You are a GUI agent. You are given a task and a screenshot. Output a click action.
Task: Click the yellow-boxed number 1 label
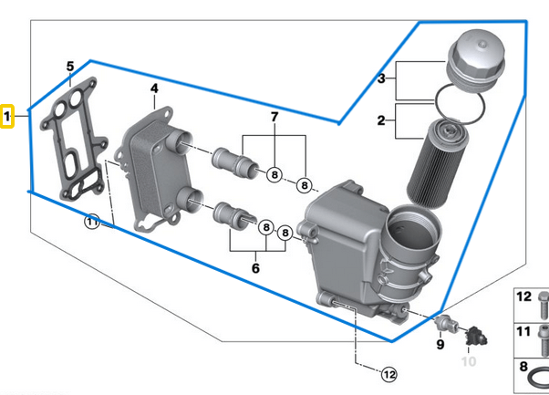point(7,117)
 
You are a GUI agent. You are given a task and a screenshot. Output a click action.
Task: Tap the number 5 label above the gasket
point(69,66)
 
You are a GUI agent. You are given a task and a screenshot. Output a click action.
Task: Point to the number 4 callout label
point(154,88)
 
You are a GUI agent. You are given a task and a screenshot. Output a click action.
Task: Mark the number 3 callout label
point(382,79)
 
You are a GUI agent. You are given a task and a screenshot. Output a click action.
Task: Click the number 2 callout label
point(382,120)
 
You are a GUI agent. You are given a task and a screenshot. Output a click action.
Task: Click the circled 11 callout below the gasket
point(92,222)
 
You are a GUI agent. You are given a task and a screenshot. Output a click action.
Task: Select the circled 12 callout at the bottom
point(388,373)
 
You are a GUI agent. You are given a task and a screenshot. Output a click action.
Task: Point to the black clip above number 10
point(472,337)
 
